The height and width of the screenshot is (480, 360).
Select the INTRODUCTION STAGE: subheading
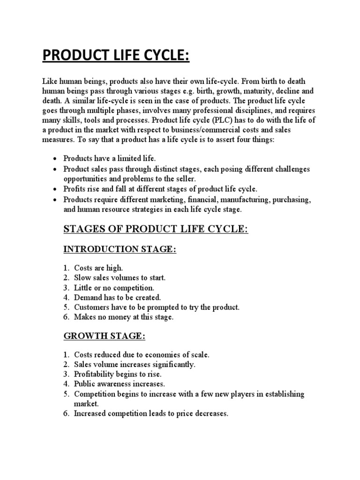click(x=120, y=249)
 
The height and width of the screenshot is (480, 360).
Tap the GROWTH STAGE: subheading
click(x=105, y=337)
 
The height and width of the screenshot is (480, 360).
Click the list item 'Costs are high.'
click(x=98, y=268)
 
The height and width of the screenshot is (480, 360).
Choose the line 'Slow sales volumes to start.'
click(x=120, y=277)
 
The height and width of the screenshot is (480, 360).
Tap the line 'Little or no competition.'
click(x=114, y=287)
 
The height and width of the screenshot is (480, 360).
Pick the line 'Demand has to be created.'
click(x=117, y=297)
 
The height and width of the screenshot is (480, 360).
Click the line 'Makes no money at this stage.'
click(x=123, y=317)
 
